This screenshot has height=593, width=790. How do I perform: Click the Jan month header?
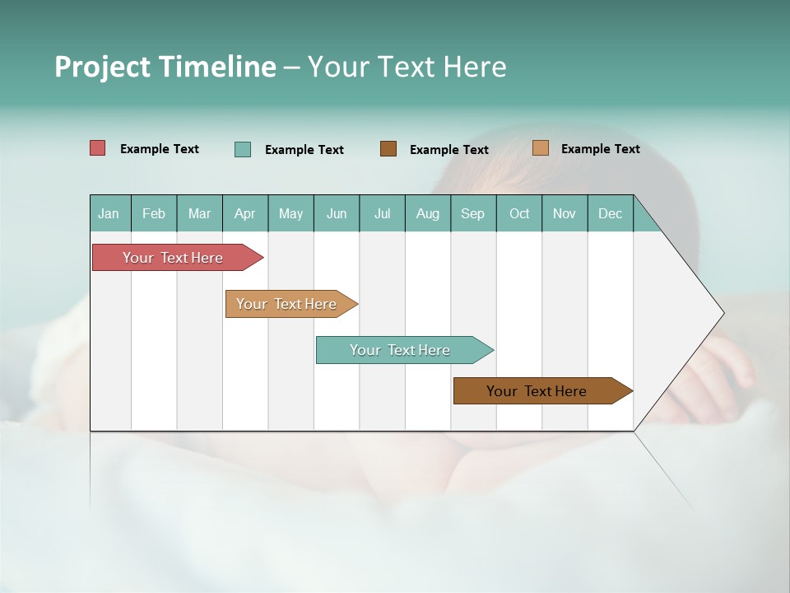(109, 213)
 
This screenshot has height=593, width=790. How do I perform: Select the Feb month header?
(154, 213)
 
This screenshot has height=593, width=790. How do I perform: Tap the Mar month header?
(199, 213)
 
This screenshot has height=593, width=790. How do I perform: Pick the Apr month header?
(245, 213)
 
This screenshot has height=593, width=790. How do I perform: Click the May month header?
(290, 213)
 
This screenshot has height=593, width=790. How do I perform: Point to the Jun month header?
(337, 213)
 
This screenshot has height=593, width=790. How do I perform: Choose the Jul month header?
(382, 213)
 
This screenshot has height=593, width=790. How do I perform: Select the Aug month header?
(428, 213)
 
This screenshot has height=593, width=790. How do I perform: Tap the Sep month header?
(473, 213)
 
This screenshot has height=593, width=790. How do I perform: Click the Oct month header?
(519, 213)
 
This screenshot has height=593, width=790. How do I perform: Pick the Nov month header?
(565, 213)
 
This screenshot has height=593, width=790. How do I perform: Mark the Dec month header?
(611, 213)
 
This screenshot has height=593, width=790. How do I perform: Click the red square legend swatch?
(98, 148)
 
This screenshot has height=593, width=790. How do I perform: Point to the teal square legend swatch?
(243, 149)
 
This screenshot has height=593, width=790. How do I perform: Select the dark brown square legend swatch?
(388, 148)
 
